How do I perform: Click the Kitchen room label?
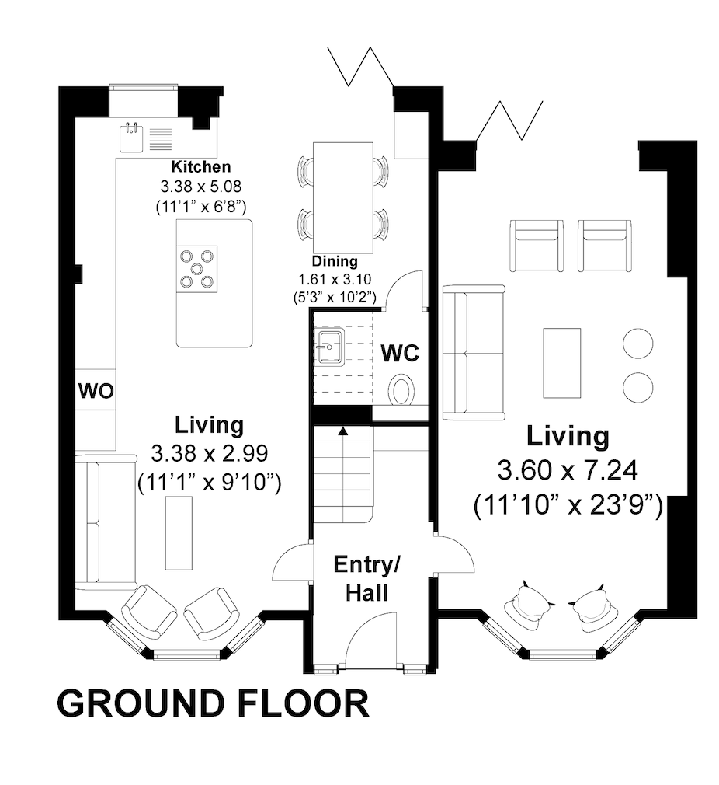pyautogui.click(x=201, y=166)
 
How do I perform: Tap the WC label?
pyautogui.click(x=400, y=354)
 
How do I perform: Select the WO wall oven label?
pyautogui.click(x=96, y=390)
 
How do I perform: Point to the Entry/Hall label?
pyautogui.click(x=367, y=578)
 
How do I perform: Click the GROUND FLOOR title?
pyautogui.click(x=214, y=704)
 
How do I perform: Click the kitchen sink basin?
pyautogui.click(x=131, y=138)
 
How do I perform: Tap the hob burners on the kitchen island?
pyautogui.click(x=197, y=269)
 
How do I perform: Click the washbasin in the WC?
pyautogui.click(x=329, y=346)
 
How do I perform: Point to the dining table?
pyautogui.click(x=343, y=198)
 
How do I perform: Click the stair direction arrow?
pyautogui.click(x=343, y=431)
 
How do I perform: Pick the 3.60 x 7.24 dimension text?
pyautogui.click(x=568, y=470)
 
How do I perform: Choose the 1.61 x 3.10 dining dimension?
pyautogui.click(x=335, y=279)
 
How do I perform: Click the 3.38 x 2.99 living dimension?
pyautogui.click(x=210, y=454)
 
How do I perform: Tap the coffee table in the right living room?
pyautogui.click(x=562, y=363)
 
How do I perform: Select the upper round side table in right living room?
pyautogui.click(x=638, y=343)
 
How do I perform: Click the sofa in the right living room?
pyautogui.click(x=474, y=353)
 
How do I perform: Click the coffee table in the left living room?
pyautogui.click(x=179, y=532)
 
